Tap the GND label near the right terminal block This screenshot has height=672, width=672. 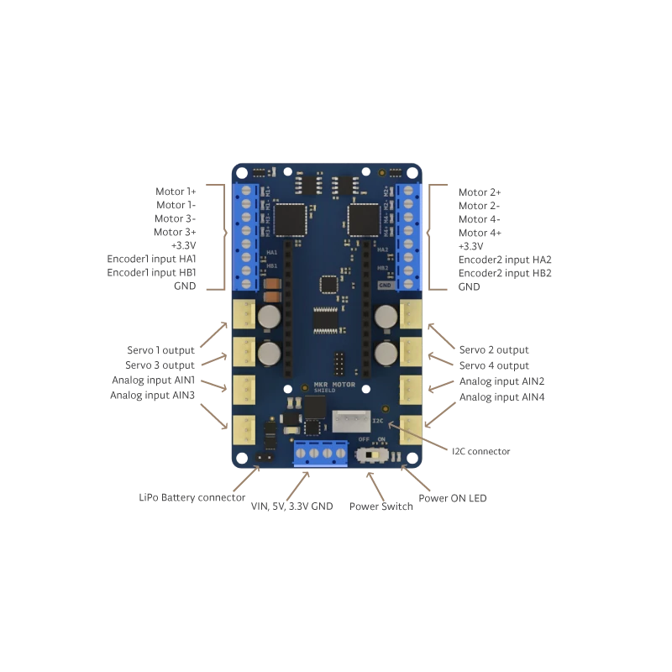tap(386, 285)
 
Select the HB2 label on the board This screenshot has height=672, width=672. tap(383, 268)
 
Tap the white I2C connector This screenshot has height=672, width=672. tap(350, 420)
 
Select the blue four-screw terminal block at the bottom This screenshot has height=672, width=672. tap(320, 453)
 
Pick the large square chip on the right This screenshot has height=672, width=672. tap(363, 219)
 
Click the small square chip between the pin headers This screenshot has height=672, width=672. tap(329, 284)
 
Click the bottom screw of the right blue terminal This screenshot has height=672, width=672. tap(409, 270)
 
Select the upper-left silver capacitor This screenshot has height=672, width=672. tap(269, 317)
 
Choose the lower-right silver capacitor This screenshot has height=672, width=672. tap(386, 352)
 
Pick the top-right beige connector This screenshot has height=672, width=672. tap(411, 315)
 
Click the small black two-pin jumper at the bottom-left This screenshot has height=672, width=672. tap(260, 459)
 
